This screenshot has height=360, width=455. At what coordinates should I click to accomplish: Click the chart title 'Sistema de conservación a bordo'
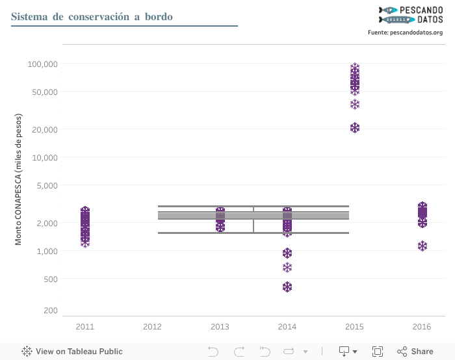point(92,16)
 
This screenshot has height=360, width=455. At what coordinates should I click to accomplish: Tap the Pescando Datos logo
point(411,14)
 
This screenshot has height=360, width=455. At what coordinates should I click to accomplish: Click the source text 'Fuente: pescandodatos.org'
point(405,32)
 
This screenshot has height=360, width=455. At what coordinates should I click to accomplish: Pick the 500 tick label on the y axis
point(49,279)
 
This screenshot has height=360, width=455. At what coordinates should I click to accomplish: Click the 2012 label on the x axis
point(152,326)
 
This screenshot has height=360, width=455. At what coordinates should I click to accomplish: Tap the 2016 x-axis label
point(421,326)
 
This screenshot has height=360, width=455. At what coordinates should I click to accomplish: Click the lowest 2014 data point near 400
point(287,287)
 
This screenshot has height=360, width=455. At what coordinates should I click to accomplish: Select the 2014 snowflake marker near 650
point(287,267)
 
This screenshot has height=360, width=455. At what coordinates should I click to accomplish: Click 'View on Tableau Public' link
point(71,352)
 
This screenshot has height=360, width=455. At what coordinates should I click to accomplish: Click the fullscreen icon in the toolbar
point(377,352)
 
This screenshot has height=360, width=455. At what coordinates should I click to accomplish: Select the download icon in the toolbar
point(344,352)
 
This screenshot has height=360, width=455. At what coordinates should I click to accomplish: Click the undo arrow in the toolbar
point(213,352)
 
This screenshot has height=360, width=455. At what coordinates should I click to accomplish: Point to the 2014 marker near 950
point(287,253)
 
